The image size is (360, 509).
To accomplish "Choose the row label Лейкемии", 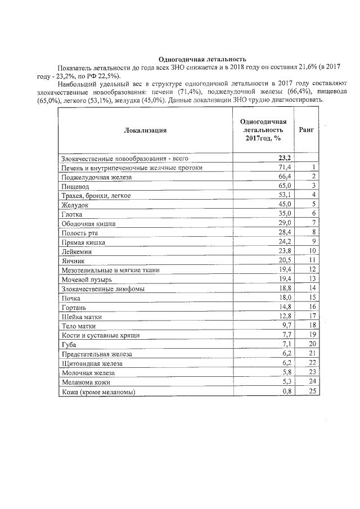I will [76, 251].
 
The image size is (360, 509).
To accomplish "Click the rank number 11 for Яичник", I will [313, 260].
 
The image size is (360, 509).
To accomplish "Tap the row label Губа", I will [69, 344].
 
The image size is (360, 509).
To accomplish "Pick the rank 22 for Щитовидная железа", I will [313, 363].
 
